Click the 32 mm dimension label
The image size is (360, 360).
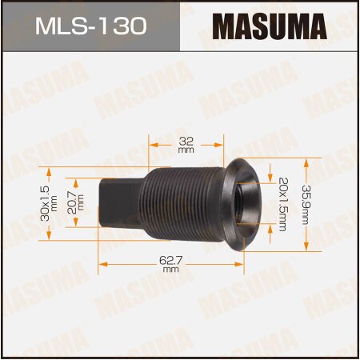point(186,144)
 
